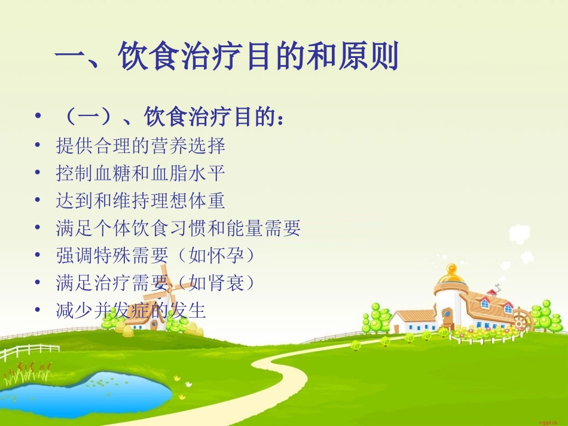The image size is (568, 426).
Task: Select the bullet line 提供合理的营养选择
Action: coord(141,145)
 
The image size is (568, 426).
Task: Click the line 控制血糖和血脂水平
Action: coord(141,173)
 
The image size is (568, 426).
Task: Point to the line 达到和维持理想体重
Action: coord(141,201)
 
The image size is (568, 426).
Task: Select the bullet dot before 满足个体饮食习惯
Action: coord(38,228)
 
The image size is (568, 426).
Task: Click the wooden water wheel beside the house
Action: coord(521,320)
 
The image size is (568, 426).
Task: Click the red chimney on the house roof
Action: coord(491,292)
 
